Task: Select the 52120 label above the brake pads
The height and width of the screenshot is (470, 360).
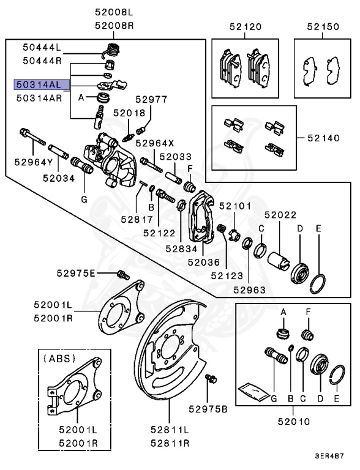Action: (x=245, y=27)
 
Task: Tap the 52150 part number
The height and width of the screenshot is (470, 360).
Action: (x=322, y=27)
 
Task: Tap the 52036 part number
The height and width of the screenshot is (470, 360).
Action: (x=204, y=262)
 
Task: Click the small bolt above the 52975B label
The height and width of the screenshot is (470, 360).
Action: (x=212, y=379)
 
